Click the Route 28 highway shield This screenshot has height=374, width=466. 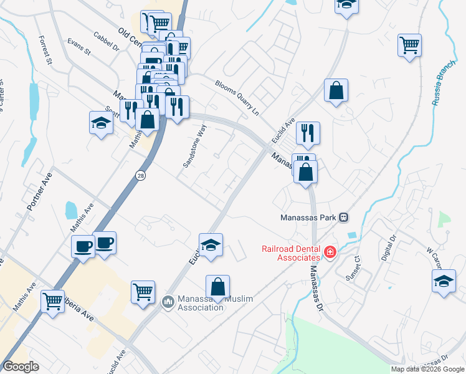pyautogui.click(x=140, y=176)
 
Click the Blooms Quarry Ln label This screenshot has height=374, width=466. pyautogui.click(x=237, y=93)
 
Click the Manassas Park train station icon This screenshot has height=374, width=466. pyautogui.click(x=342, y=218)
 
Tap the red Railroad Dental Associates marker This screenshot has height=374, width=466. pyautogui.click(x=330, y=252)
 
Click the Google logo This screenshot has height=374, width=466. pyautogui.click(x=21, y=367)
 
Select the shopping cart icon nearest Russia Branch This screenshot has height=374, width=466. pyautogui.click(x=410, y=45)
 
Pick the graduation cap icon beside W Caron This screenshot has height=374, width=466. pyautogui.click(x=444, y=280)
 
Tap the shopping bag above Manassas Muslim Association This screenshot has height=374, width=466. pyautogui.click(x=217, y=287)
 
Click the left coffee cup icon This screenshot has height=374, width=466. pyautogui.click(x=83, y=246)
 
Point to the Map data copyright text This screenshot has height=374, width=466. pyautogui.click(x=427, y=369)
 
